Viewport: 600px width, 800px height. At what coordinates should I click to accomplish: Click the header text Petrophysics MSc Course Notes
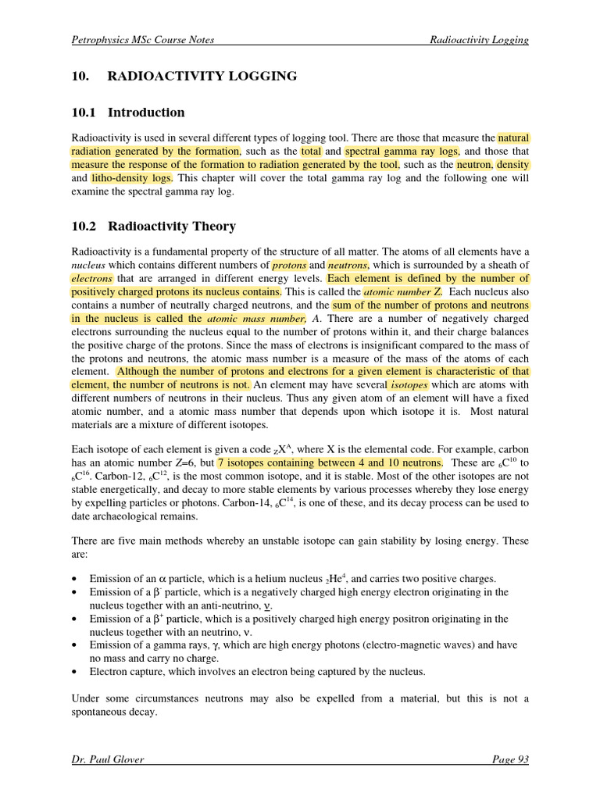coord(142,40)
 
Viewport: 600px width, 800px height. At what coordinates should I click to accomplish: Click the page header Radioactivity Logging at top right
coord(479,40)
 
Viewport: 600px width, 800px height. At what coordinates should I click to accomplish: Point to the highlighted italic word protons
coord(289,266)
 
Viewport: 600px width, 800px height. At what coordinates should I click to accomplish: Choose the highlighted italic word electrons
coord(92,279)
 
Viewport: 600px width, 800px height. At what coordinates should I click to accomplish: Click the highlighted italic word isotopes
coord(409,385)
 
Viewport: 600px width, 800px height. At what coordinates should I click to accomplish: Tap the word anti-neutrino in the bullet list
coord(230,605)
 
